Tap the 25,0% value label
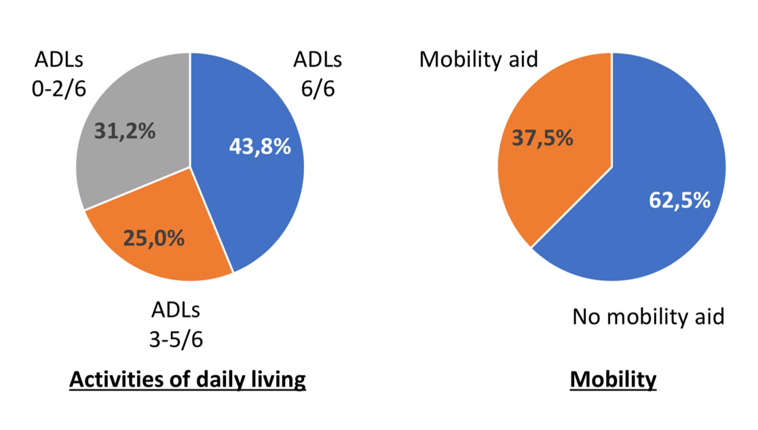[x=153, y=238]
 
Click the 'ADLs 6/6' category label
[x=318, y=75]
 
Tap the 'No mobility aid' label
[x=649, y=317]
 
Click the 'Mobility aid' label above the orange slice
[x=478, y=59]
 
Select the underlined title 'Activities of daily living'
[x=188, y=380]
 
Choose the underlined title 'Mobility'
[x=613, y=380]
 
